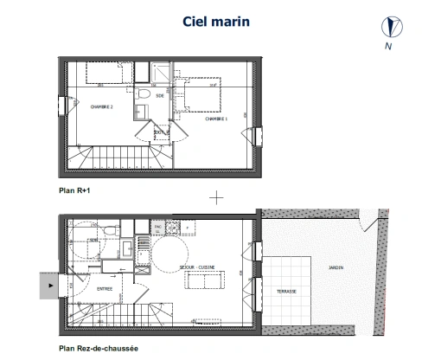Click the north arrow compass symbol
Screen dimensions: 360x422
coord(386,28)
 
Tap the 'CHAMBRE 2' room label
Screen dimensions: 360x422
coord(102,106)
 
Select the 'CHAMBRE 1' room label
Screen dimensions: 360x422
coord(216,119)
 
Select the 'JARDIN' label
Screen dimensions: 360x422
coord(335,267)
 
